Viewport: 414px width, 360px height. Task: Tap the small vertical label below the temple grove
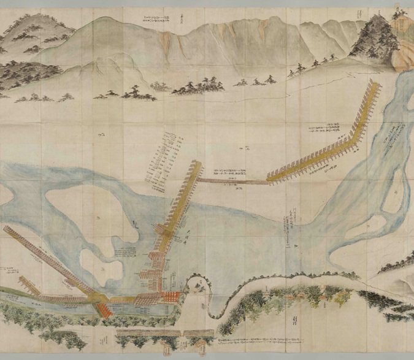click(293, 321)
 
